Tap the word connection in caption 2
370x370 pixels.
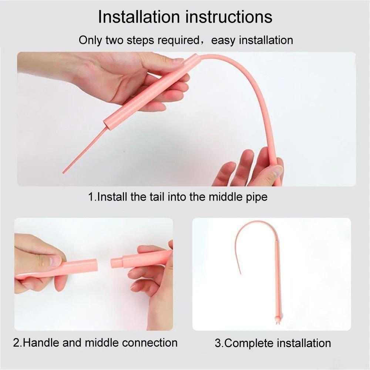coord(149,343)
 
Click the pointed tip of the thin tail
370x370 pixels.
coord(64,172)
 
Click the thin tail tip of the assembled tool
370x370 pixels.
coord(240,273)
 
